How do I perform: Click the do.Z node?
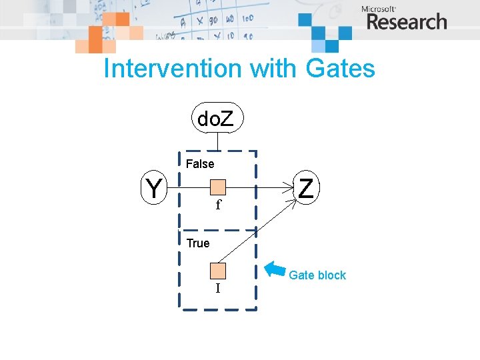point(217,119)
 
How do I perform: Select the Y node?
point(155,187)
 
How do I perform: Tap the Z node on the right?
point(306,187)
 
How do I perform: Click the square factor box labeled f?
point(218,187)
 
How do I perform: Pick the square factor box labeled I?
point(218,271)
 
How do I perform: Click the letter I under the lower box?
point(217,288)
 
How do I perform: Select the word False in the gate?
point(200,164)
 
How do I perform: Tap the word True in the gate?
point(198,243)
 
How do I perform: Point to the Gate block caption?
point(317,275)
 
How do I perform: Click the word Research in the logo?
point(406,22)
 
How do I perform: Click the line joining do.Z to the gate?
point(218,141)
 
